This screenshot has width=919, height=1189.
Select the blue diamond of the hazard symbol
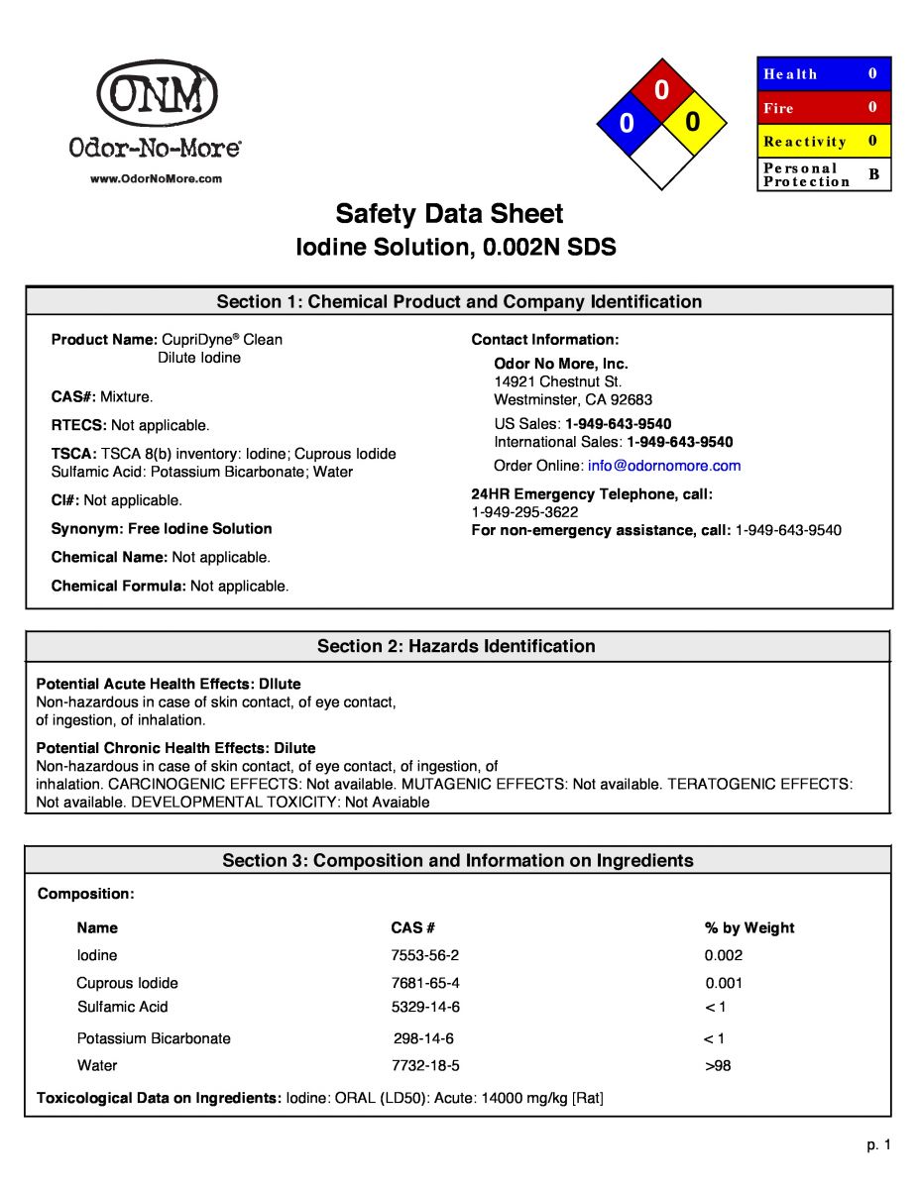pos(627,124)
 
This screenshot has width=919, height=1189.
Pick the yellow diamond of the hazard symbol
pos(693,122)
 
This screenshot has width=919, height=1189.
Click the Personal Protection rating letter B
pos(873,174)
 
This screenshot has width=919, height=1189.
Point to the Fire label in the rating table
pos(778,108)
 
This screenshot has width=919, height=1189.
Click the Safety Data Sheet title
pos(449,214)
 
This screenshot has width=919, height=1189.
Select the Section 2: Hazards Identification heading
pos(456,646)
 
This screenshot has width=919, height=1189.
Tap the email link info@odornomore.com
pos(664,466)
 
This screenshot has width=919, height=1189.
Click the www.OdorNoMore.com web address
pos(157,179)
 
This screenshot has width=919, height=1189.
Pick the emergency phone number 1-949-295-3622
pos(524,512)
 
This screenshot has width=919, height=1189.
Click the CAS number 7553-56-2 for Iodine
pos(425,955)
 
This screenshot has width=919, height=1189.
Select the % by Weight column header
pos(749,928)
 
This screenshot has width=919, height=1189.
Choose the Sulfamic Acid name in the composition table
pos(123,1007)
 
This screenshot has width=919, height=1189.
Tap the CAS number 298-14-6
pos(423,1038)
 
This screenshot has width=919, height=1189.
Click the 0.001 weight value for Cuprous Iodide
pos(724,983)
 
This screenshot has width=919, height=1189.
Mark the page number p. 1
pos(879,1145)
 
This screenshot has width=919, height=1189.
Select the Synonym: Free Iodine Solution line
pos(162,529)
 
